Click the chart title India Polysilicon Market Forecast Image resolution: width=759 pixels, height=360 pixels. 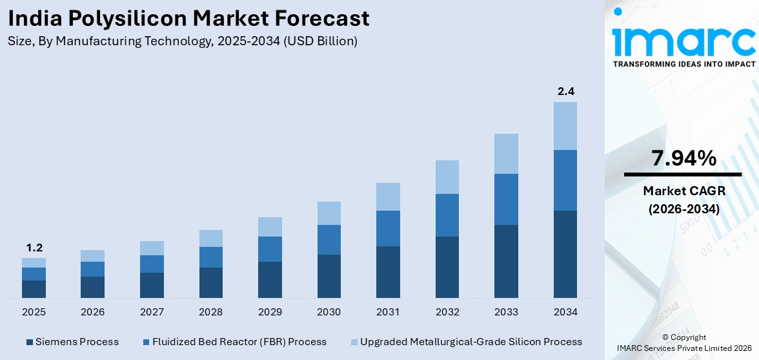[x=189, y=18]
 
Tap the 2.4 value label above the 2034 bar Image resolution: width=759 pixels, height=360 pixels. [x=565, y=91]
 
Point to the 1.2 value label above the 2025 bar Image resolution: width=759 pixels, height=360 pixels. [x=34, y=248]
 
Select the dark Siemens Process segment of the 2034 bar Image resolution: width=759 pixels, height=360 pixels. [x=565, y=254]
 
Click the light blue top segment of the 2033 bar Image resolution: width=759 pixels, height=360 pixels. [x=506, y=154]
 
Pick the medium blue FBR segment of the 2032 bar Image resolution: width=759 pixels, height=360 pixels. [x=447, y=215]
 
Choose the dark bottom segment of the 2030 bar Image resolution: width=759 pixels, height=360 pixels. [x=329, y=276]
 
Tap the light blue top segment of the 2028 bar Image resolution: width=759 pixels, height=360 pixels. [x=211, y=238]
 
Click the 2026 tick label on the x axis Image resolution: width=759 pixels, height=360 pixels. [x=93, y=312]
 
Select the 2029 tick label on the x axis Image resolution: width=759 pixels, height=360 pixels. [x=270, y=312]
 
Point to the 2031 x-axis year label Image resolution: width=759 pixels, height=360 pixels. [x=388, y=312]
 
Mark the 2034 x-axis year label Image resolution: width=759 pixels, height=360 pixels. [x=565, y=312]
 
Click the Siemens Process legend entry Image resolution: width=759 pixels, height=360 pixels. [x=72, y=341]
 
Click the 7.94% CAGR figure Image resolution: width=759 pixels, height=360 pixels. [x=683, y=158]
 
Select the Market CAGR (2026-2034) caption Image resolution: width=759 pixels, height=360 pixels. [x=683, y=200]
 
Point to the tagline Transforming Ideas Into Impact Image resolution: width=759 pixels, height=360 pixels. [x=683, y=64]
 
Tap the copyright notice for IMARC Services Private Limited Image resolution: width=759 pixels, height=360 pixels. [x=683, y=343]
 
